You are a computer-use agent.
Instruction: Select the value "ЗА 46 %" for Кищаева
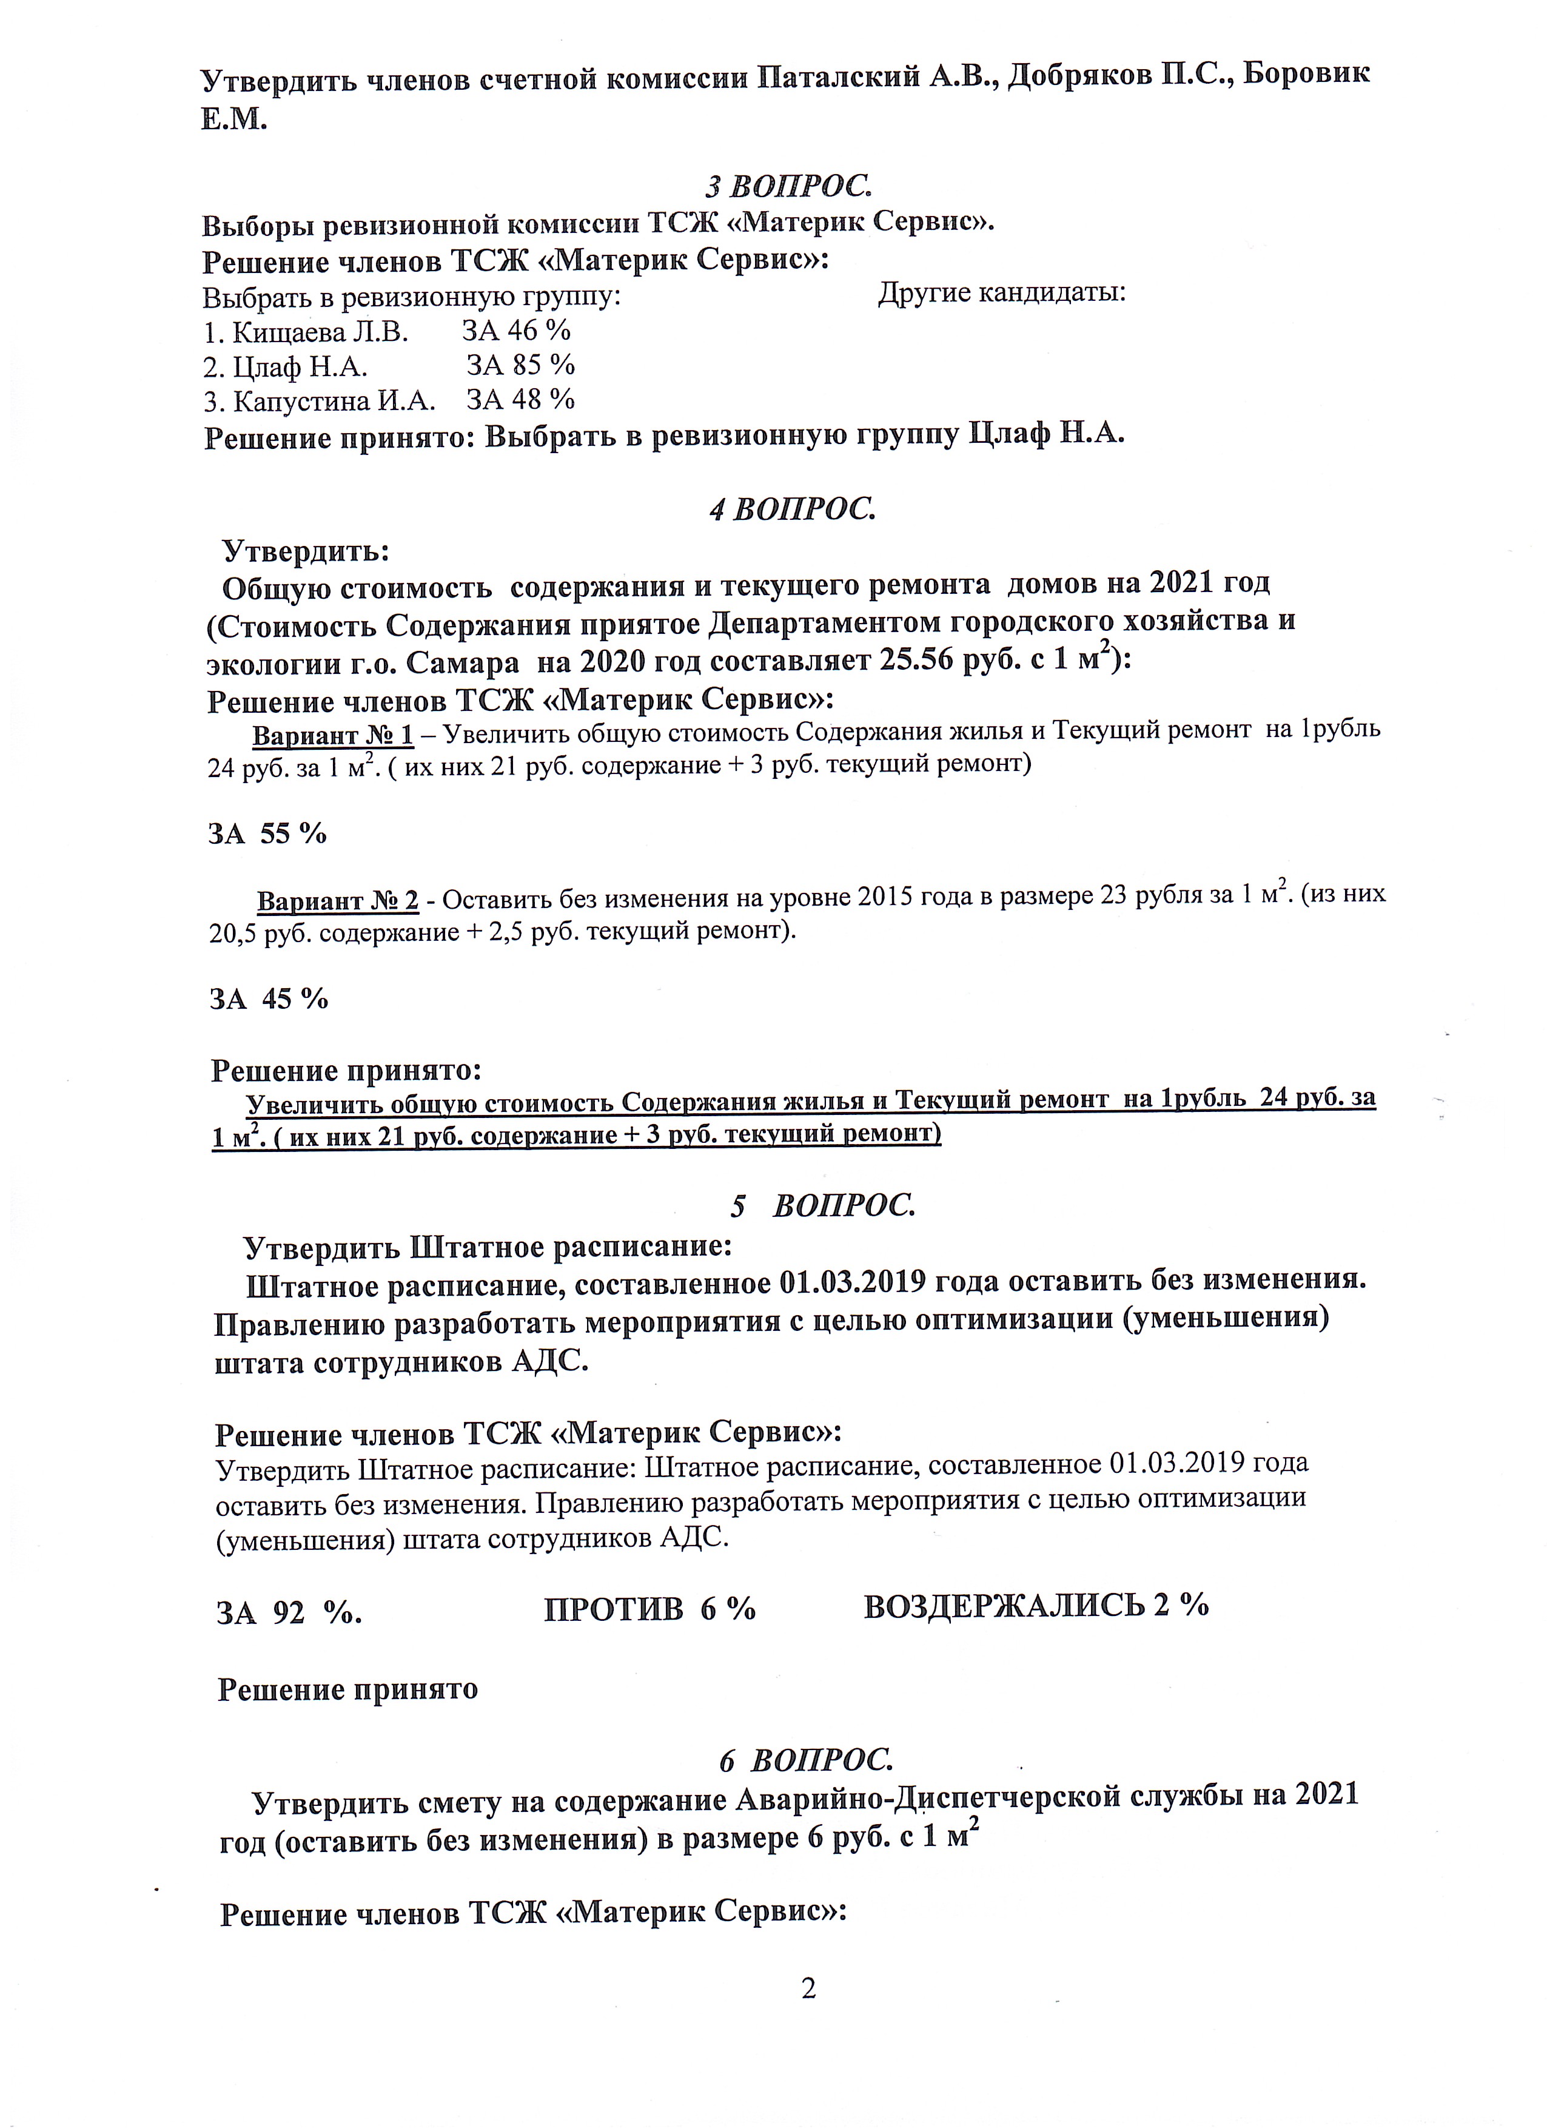point(516,331)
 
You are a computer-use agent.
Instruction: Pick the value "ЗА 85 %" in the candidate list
point(521,365)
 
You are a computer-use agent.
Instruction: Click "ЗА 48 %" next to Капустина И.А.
point(521,400)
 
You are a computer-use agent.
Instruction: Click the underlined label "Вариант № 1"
point(332,734)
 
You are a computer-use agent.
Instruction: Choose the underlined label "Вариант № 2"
point(338,901)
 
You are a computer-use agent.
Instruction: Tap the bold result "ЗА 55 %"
point(267,833)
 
